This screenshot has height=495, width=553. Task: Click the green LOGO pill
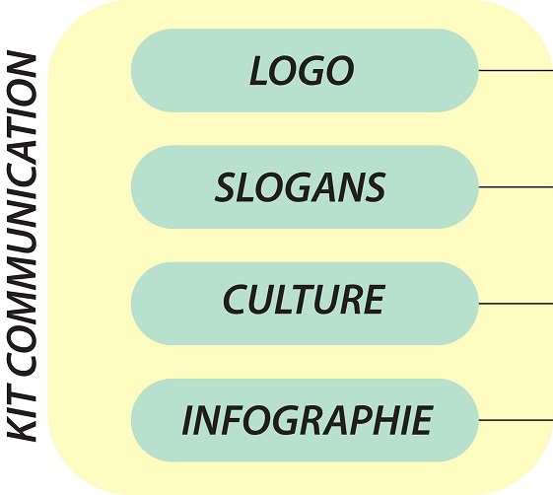305,71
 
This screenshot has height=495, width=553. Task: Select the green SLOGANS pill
305,187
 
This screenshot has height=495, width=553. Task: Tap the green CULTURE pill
305,304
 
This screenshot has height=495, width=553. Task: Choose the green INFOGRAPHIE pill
305,420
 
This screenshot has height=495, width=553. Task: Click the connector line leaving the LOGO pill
516,71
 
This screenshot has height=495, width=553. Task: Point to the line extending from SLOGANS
516,186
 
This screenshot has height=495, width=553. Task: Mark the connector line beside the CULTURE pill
516,303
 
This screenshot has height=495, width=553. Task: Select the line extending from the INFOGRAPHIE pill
516,420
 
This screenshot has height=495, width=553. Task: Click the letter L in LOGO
258,71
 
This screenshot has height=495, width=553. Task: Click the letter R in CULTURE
354,300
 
